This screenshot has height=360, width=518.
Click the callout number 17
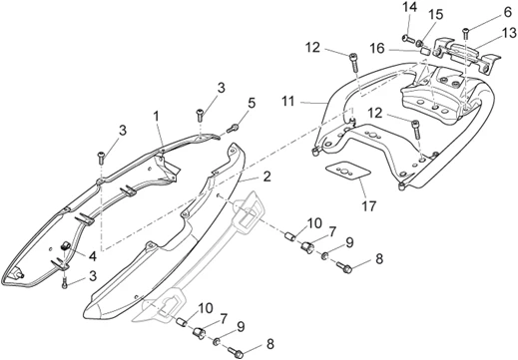[368, 206]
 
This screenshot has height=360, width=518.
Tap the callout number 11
[288, 102]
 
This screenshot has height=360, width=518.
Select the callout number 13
[509, 33]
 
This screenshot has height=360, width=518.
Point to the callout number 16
[377, 49]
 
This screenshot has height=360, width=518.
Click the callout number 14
[410, 7]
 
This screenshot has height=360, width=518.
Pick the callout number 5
[252, 103]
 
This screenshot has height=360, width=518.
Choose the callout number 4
[92, 256]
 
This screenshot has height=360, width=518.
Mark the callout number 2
[266, 177]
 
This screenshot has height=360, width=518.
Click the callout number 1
[156, 117]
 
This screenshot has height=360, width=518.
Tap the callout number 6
[508, 12]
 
